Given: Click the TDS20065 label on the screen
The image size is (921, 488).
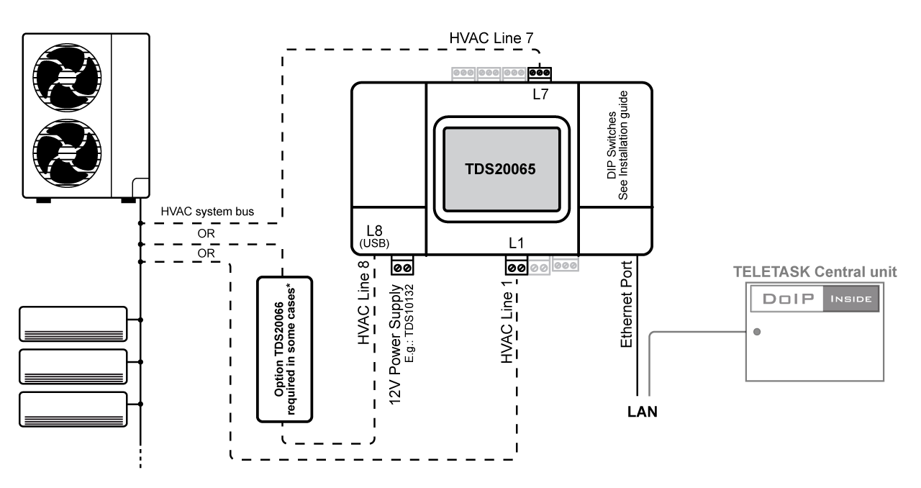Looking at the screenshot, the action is (500, 169).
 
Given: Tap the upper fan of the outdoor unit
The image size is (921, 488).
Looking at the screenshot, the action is (67, 77).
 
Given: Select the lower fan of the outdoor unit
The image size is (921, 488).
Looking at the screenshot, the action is (67, 153).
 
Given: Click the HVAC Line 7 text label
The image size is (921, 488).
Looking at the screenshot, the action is (491, 38).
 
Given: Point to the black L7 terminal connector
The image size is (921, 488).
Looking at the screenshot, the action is (540, 73).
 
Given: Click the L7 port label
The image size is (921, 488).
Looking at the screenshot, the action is (540, 94).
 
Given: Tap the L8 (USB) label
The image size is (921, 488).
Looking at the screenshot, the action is (374, 236).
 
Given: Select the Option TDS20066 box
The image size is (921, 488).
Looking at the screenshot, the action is (284, 349).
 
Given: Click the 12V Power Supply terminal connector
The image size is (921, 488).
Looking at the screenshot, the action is (402, 266).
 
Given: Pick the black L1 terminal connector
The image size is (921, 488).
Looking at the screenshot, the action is (517, 266).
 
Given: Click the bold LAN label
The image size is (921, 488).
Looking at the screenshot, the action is (643, 412).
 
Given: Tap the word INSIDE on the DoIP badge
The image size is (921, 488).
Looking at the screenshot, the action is (851, 299).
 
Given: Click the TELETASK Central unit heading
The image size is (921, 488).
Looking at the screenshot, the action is (815, 272).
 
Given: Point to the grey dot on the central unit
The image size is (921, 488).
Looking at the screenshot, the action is (757, 332).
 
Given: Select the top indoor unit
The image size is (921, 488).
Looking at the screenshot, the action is (73, 324).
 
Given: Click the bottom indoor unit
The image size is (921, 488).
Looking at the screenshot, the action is (73, 410).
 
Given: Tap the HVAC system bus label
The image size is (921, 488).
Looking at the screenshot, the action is (207, 212).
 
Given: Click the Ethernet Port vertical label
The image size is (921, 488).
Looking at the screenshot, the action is (626, 304).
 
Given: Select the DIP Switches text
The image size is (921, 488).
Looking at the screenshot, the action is (612, 145).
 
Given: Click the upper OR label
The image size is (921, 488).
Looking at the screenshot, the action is (206, 233).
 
